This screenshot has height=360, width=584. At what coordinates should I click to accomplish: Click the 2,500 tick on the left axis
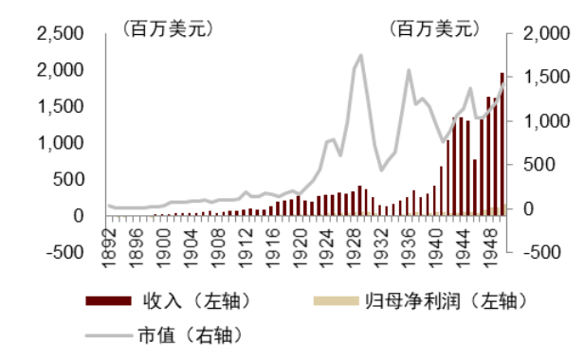point(60,34)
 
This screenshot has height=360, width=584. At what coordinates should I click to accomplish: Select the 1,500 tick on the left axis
point(60,107)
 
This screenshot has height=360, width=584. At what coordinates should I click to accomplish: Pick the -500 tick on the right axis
point(531,252)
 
